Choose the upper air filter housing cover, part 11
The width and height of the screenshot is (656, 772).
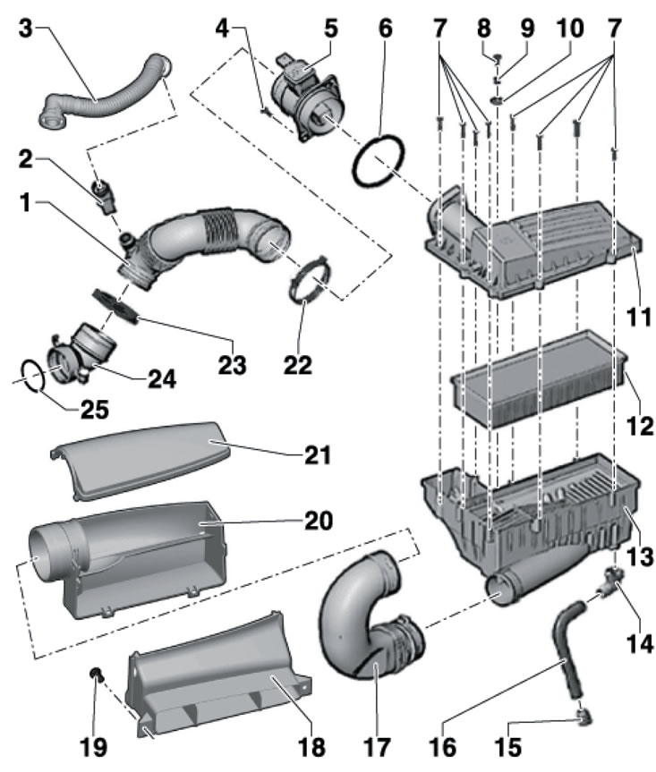coord(537,233)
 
